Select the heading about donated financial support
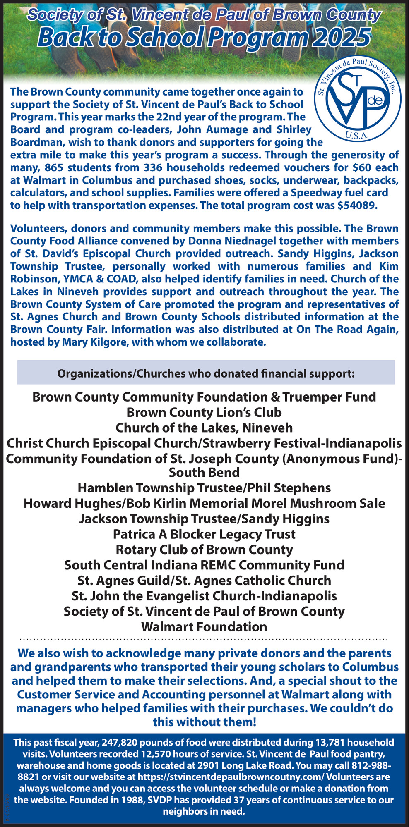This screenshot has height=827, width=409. [x=206, y=373]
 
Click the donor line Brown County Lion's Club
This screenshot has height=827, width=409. [x=204, y=412]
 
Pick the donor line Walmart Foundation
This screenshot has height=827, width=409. [x=204, y=626]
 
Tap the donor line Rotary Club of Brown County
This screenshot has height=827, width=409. [x=204, y=550]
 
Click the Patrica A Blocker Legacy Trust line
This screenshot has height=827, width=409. [x=204, y=534]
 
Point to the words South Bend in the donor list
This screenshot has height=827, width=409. [x=204, y=472]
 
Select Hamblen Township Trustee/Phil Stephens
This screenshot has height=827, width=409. [x=204, y=488]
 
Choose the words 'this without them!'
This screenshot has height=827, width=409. [x=204, y=722]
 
